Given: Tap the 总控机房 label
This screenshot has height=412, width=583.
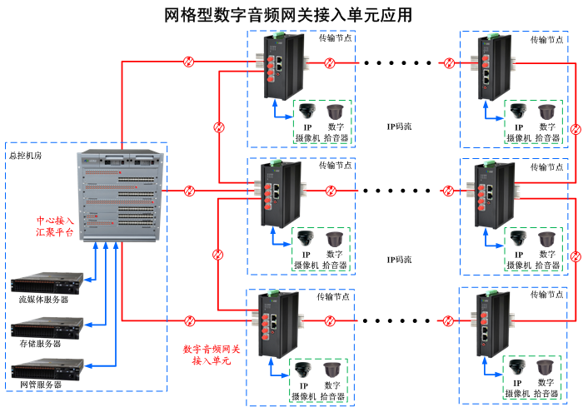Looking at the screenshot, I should pyautogui.click(x=26, y=155).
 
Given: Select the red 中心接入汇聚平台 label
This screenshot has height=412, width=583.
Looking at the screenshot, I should pyautogui.click(x=55, y=226).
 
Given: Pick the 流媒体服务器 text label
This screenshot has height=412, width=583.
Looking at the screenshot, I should pyautogui.click(x=43, y=299).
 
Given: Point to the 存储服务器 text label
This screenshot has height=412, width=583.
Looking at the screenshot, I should pyautogui.click(x=40, y=344).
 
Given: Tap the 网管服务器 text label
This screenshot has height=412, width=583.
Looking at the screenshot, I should pyautogui.click(x=40, y=385).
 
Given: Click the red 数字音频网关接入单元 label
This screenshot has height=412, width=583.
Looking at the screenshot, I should pyautogui.click(x=211, y=355).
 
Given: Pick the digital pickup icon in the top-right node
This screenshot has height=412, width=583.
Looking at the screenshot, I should pyautogui.click(x=546, y=112).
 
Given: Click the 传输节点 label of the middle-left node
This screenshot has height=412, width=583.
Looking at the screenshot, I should pyautogui.click(x=335, y=165).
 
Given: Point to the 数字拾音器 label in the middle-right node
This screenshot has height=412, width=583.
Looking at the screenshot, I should pyautogui.click(x=546, y=260).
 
